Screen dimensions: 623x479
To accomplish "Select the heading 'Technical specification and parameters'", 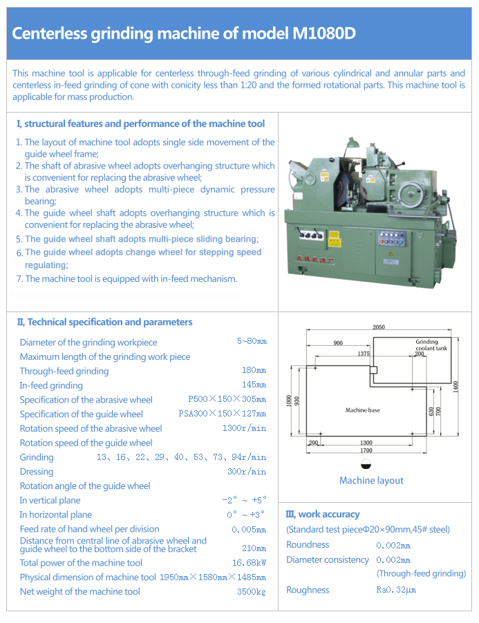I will (109, 322).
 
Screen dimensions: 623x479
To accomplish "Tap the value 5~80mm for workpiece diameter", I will (252, 341).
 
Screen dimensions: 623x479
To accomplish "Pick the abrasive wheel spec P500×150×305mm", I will (227, 399).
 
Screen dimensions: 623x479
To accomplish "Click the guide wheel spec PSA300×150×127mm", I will (222, 414).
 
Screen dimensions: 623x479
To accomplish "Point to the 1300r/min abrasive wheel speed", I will (244, 428).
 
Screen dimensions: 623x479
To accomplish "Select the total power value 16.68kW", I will (249, 563).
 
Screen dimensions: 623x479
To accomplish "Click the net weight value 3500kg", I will (252, 592).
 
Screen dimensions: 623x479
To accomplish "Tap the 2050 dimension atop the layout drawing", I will (378, 327).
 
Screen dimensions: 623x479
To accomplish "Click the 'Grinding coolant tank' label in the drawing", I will (431, 345).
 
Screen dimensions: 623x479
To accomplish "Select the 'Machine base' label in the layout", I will (362, 410).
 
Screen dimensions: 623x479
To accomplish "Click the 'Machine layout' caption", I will (371, 481).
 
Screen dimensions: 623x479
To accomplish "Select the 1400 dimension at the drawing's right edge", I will (456, 387).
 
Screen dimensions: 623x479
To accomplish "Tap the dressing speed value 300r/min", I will (247, 472).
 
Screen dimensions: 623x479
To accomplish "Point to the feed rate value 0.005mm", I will (249, 530).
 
